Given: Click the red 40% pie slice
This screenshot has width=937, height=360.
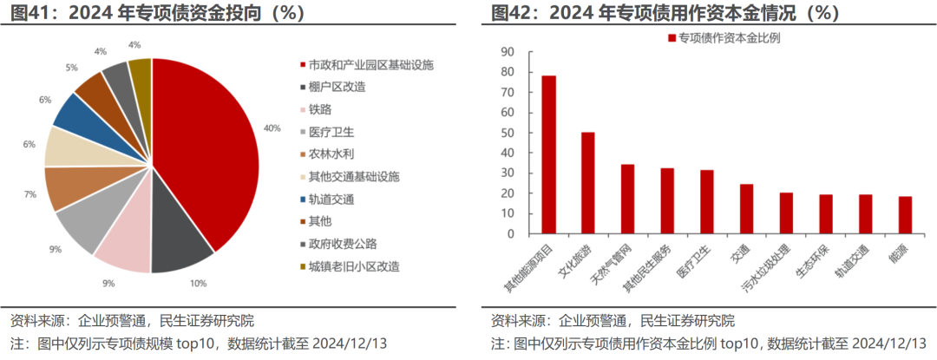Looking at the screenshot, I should [208, 147].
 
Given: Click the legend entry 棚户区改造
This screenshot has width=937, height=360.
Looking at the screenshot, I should [336, 87].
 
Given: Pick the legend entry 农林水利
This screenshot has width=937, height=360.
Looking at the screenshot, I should [330, 154].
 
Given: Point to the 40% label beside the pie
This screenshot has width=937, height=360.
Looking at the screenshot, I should [272, 128].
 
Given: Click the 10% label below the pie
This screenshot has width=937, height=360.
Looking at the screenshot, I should [198, 283].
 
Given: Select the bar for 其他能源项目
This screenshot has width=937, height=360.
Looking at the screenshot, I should [549, 156].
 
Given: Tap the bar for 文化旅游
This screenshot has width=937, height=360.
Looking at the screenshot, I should [588, 184].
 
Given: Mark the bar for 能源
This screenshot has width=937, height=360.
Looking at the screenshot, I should [905, 216].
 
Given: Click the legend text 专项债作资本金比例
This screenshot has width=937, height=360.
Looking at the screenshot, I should [729, 37].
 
